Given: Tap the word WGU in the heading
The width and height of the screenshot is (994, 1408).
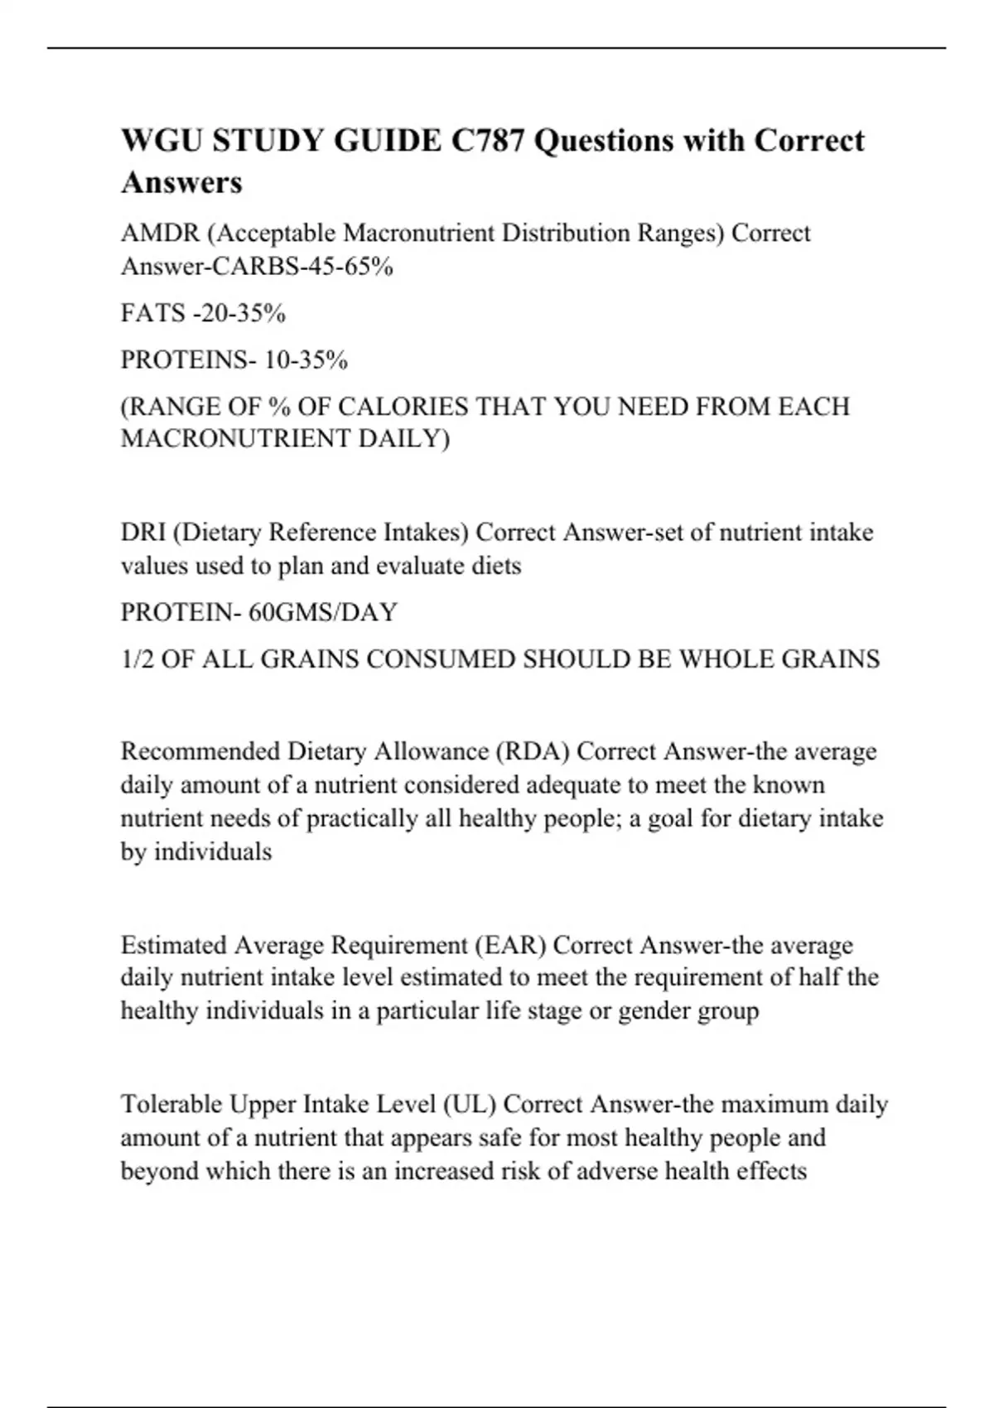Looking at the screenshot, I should [162, 141].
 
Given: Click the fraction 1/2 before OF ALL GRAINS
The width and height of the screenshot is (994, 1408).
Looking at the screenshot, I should [137, 658].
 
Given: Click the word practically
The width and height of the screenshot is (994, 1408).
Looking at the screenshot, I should [361, 818].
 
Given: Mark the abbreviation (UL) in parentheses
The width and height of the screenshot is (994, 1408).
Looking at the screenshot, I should [470, 1104].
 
